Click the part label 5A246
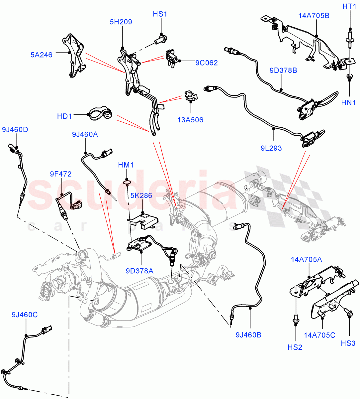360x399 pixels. coord(42,55)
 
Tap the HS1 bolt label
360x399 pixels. coord(160,14)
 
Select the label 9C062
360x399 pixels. coord(206,63)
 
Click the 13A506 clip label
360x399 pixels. coord(190,120)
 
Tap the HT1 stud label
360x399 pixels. coord(349,6)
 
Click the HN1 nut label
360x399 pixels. coord(348,103)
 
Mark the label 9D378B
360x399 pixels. coord(283,70)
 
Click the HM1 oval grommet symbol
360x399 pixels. coord(127,182)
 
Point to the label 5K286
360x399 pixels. coord(141,196)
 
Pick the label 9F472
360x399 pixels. coord(61,174)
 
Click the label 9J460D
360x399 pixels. coord(15,129)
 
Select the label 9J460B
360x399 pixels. coord(248,334)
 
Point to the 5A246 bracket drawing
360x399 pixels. coord(74,57)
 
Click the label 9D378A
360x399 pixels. coord(139,271)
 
